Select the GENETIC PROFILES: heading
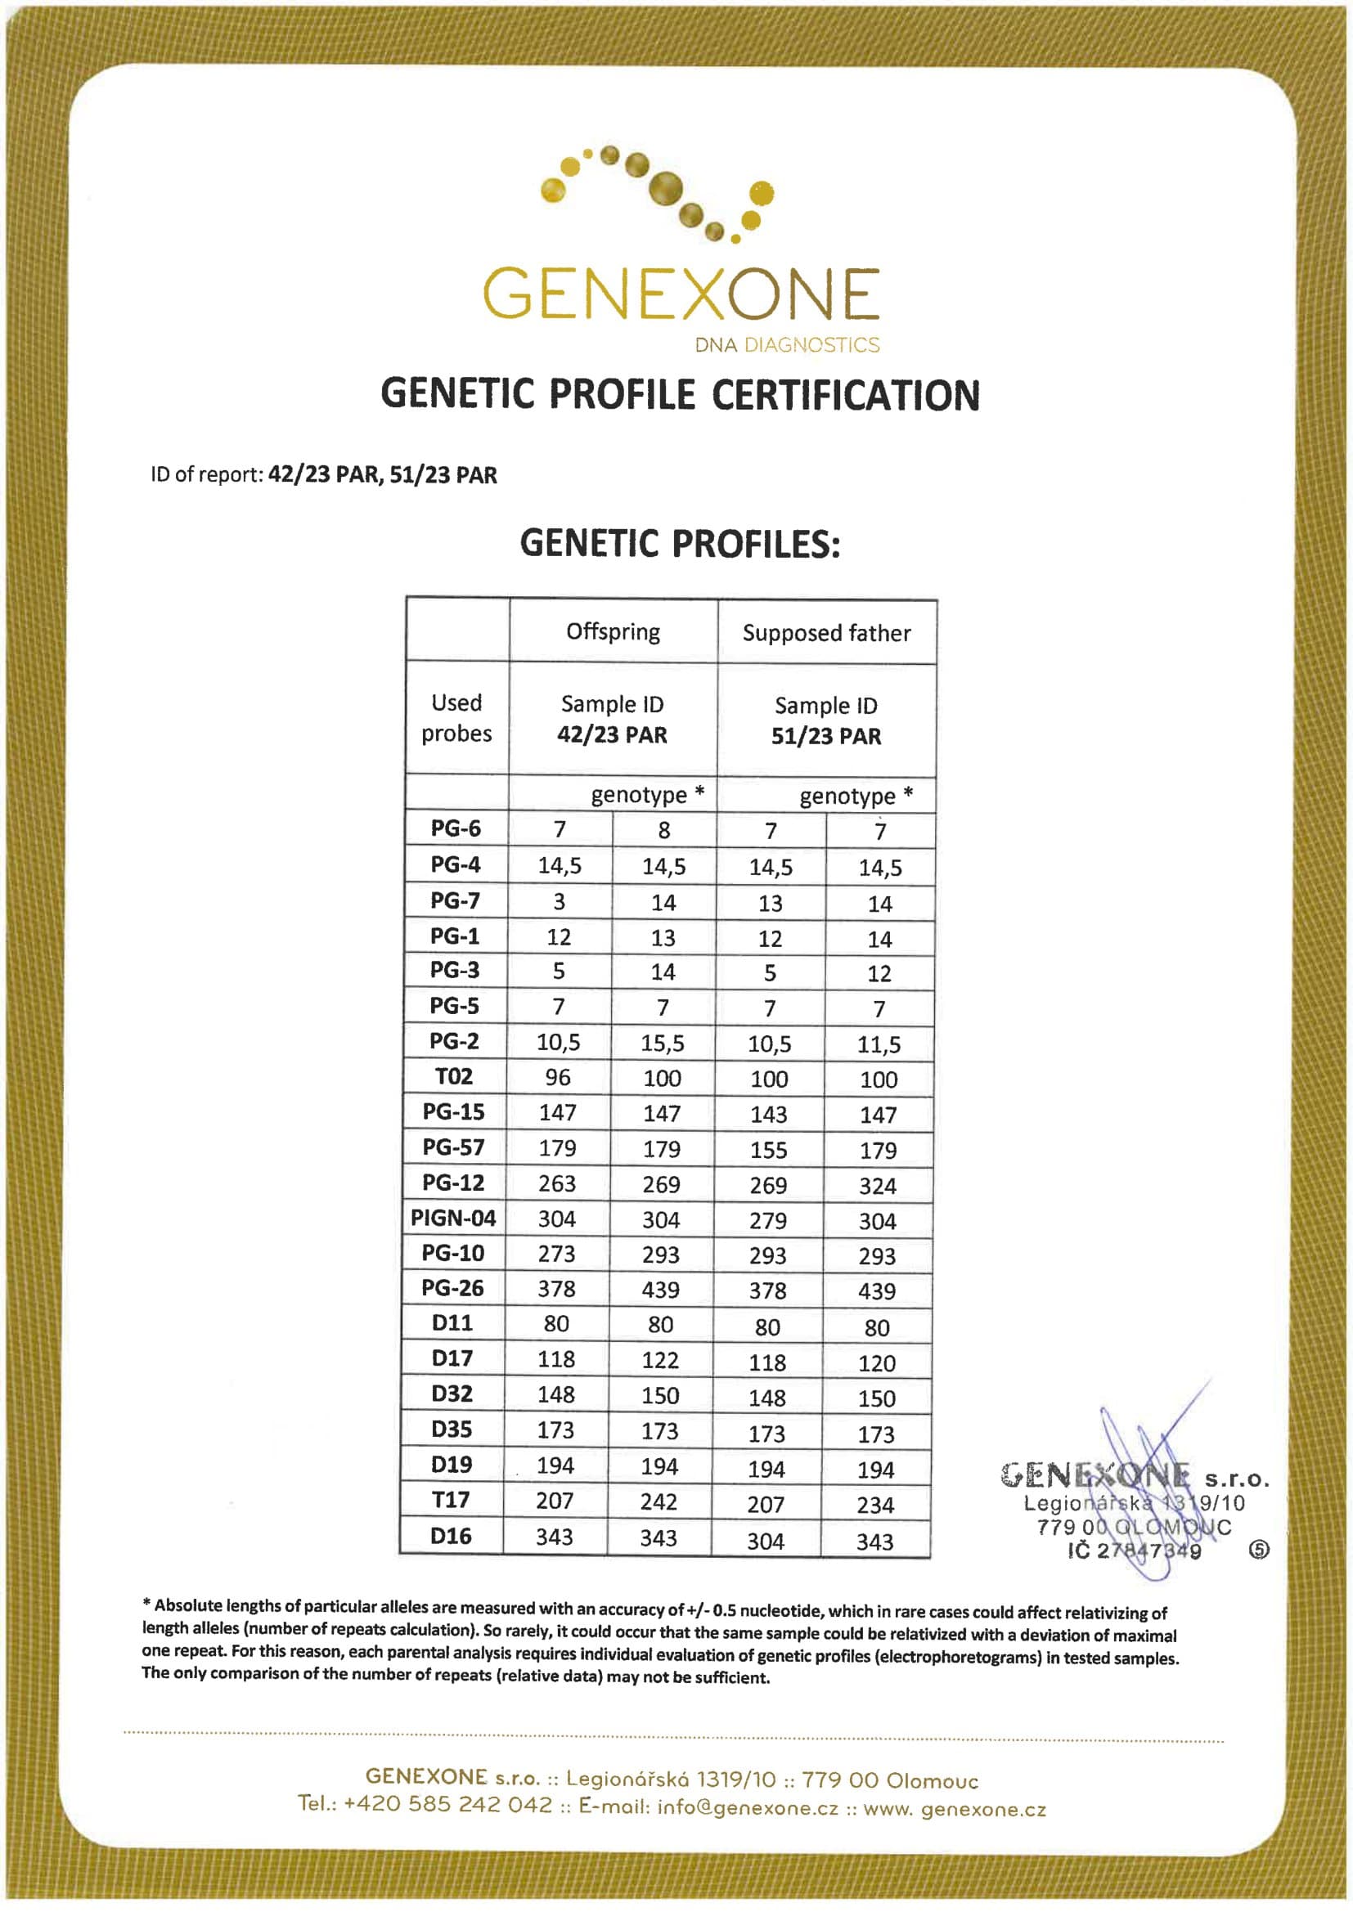(x=680, y=544)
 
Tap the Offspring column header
(x=614, y=632)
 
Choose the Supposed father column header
(x=826, y=634)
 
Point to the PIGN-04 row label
(x=453, y=1219)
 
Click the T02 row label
(x=454, y=1076)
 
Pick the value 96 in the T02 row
(x=558, y=1078)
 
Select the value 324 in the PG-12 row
(x=878, y=1186)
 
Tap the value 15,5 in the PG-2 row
(x=663, y=1044)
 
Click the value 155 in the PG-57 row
(x=768, y=1150)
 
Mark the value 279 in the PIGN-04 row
(x=767, y=1221)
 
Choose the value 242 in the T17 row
(x=659, y=1501)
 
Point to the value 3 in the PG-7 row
(x=559, y=902)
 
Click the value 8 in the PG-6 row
(x=664, y=830)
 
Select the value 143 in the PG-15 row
(x=768, y=1114)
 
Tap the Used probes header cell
(x=456, y=718)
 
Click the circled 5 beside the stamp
(x=1259, y=1550)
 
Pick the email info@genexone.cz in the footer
(x=748, y=1808)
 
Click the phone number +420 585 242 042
(x=448, y=1805)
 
